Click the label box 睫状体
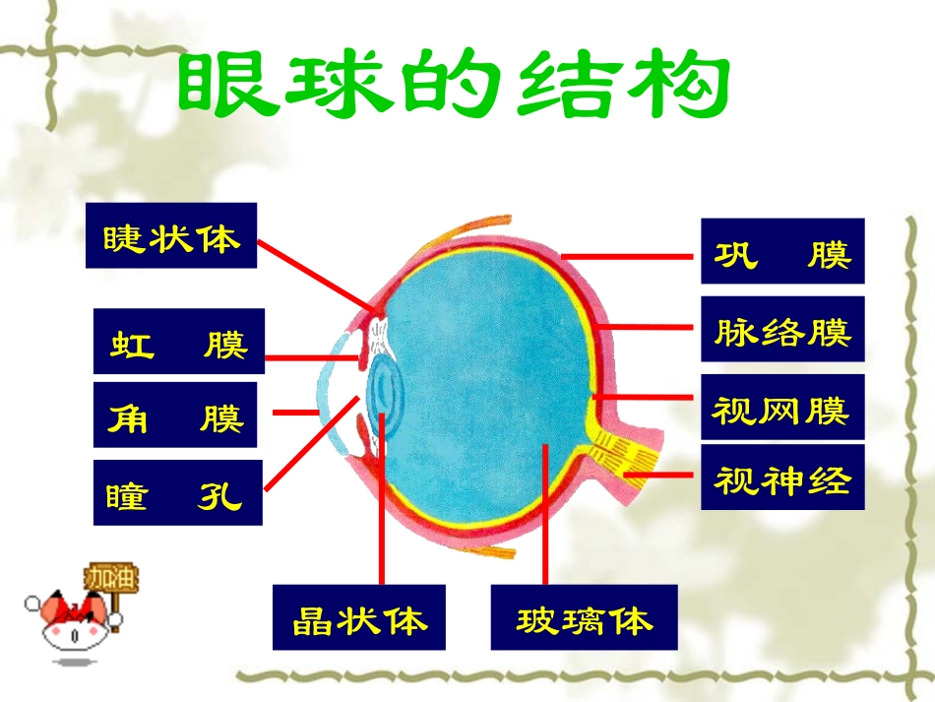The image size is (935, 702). [170, 236]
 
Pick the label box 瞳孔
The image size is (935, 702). [177, 492]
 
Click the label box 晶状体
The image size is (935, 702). [358, 617]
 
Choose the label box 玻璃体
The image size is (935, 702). [584, 617]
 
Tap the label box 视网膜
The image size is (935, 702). [782, 407]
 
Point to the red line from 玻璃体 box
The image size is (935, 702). [543, 522]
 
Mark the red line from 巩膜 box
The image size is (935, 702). [630, 255]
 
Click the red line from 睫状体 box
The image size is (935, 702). [315, 276]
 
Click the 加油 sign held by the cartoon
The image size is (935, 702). [111, 577]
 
